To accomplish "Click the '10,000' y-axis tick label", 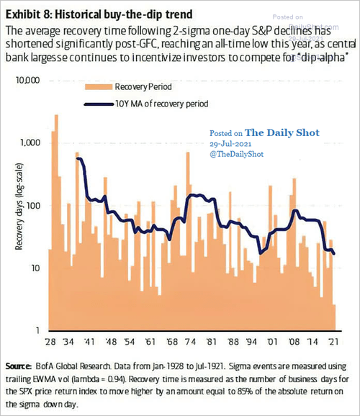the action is pyautogui.click(x=27, y=80).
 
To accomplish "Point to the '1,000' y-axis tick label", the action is pyautogui.click(x=30, y=143).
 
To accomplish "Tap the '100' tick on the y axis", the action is pyautogui.click(x=33, y=206).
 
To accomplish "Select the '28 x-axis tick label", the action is pyautogui.click(x=50, y=341).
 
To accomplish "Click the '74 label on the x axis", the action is pyautogui.click(x=190, y=341).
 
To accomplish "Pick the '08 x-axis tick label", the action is pyautogui.click(x=294, y=341).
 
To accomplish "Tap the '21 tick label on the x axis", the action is pyautogui.click(x=333, y=341).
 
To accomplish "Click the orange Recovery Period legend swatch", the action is pyautogui.click(x=99, y=87).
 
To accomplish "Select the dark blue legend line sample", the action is pyautogui.click(x=99, y=104).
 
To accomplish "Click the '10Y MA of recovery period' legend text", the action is pyautogui.click(x=162, y=104).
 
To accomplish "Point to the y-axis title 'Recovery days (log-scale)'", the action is pyautogui.click(x=19, y=207).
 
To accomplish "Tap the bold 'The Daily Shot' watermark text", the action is pyautogui.click(x=282, y=132).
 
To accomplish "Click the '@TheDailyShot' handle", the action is pyautogui.click(x=237, y=154).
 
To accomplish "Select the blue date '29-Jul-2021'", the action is pyautogui.click(x=230, y=144).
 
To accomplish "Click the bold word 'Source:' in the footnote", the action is pyautogui.click(x=18, y=366).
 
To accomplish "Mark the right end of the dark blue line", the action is pyautogui.click(x=334, y=254).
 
